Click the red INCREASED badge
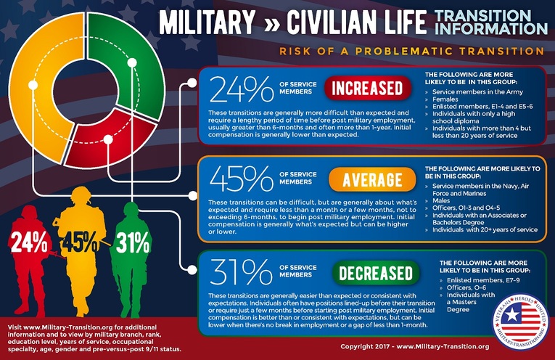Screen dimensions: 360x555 (366, 89)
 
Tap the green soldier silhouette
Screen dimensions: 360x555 (131, 250)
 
